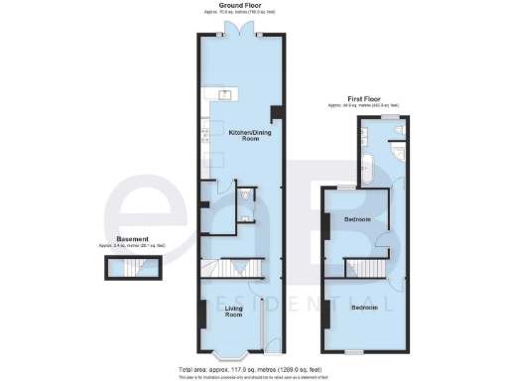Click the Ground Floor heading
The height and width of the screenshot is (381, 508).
[242, 6]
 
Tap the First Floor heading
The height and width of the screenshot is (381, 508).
[365, 98]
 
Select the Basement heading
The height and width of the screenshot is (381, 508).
[133, 238]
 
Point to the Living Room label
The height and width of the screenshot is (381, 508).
[235, 313]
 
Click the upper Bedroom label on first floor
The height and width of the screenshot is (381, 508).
[358, 218]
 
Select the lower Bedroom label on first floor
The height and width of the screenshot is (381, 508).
[364, 308]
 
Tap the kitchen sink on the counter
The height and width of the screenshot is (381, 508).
[221, 95]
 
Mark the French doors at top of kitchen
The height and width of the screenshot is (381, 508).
[242, 33]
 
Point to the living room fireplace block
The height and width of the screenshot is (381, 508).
[203, 316]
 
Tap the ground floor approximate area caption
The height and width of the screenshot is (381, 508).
[242, 13]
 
